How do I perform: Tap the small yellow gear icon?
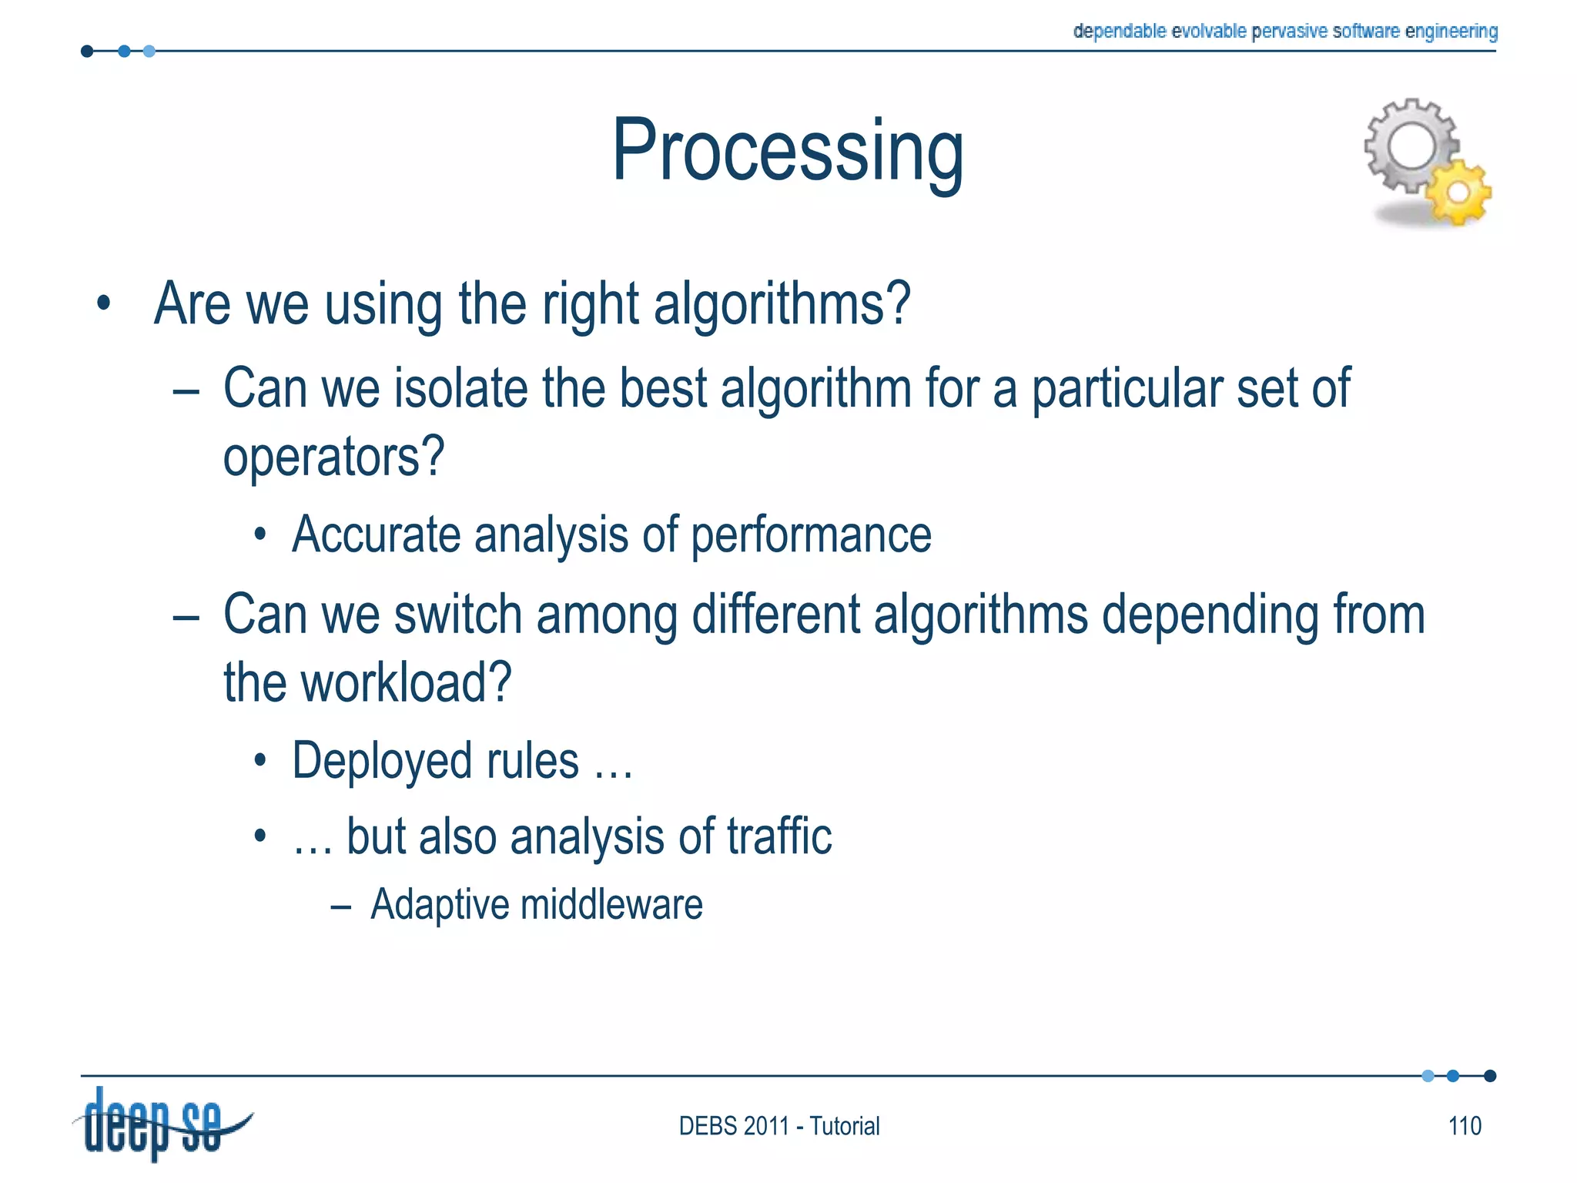(1458, 193)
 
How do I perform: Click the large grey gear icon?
(1410, 146)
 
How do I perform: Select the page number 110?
(1464, 1126)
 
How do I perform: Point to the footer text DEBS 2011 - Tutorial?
(778, 1126)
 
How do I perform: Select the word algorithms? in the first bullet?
(782, 304)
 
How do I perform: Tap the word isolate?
(460, 388)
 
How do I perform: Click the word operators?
(333, 457)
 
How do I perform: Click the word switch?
(458, 615)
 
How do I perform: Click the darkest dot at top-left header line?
(87, 52)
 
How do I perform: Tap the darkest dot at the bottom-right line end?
(1489, 1076)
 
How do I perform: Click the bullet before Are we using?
(104, 304)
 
